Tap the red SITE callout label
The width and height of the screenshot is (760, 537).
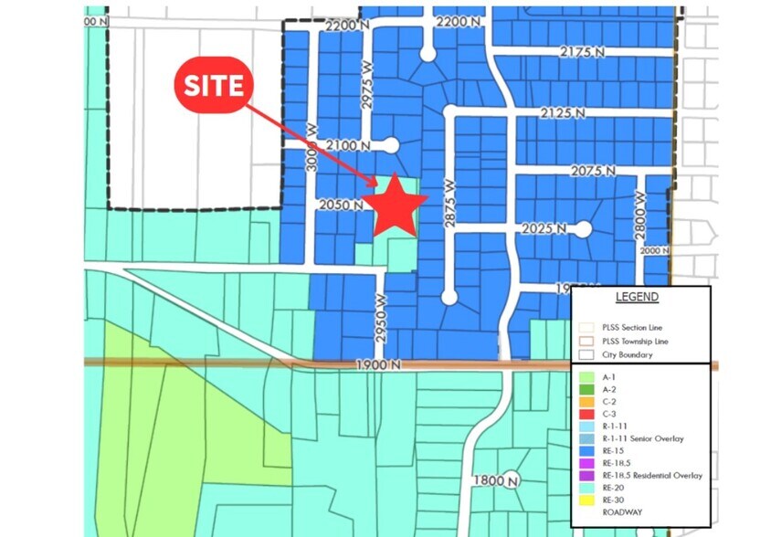(215, 85)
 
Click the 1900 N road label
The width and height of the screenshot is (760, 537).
(379, 364)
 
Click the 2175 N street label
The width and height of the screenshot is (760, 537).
(584, 53)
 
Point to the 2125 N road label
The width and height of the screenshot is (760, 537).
(562, 113)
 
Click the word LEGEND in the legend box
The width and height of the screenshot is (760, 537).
(637, 297)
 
